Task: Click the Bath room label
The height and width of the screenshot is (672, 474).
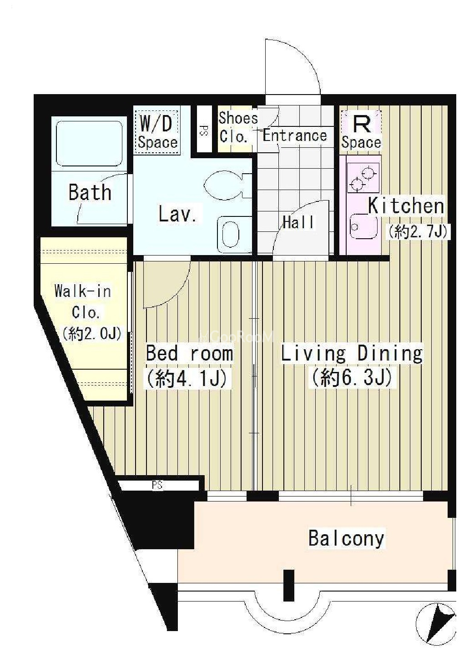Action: point(90,192)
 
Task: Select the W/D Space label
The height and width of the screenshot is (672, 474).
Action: point(157,132)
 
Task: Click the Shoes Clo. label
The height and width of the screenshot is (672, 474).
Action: point(238,127)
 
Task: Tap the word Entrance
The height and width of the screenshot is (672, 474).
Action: point(295,135)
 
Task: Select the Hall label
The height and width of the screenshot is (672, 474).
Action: point(299,222)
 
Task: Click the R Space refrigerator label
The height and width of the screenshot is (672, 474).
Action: point(361,132)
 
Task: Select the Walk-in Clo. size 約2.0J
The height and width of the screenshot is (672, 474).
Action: point(92,333)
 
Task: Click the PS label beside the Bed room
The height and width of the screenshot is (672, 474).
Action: point(157,485)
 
